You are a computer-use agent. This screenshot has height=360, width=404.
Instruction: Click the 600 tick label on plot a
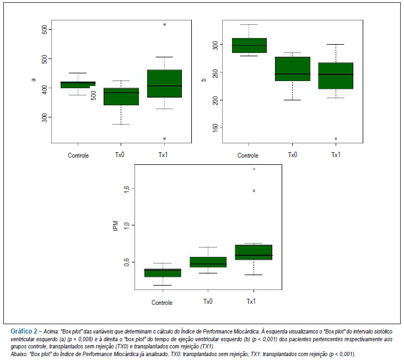(44, 29)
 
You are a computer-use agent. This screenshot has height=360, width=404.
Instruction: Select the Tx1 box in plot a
(164, 83)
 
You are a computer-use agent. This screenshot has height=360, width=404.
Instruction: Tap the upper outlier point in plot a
(165, 24)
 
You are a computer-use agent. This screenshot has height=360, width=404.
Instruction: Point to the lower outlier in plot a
(165, 138)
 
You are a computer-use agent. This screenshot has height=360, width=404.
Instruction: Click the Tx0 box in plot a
(121, 96)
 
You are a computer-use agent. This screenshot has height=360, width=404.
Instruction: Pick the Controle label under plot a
(78, 155)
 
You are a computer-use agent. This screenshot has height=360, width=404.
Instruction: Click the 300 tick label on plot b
(215, 46)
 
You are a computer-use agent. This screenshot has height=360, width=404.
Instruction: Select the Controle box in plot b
(249, 45)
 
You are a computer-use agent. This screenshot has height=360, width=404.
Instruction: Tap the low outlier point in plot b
(336, 138)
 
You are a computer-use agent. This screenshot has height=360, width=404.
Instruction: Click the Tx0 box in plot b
(293, 69)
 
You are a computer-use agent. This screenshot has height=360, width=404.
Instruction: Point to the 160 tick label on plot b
(215, 127)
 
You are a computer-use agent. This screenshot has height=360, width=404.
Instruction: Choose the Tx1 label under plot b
(336, 154)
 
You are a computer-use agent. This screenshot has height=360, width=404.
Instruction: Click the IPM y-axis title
(116, 225)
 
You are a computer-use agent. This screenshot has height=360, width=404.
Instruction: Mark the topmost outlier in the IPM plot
(254, 169)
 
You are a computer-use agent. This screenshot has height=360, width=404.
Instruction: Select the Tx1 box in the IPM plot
(254, 252)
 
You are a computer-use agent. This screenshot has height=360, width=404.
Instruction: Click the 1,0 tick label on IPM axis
(126, 225)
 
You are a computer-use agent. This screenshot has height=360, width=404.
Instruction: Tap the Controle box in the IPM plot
(163, 273)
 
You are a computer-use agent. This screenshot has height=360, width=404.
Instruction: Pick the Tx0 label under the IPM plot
(208, 301)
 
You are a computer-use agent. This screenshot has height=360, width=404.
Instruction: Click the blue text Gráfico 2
(24, 331)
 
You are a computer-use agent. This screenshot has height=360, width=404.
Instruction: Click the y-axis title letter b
(203, 80)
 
